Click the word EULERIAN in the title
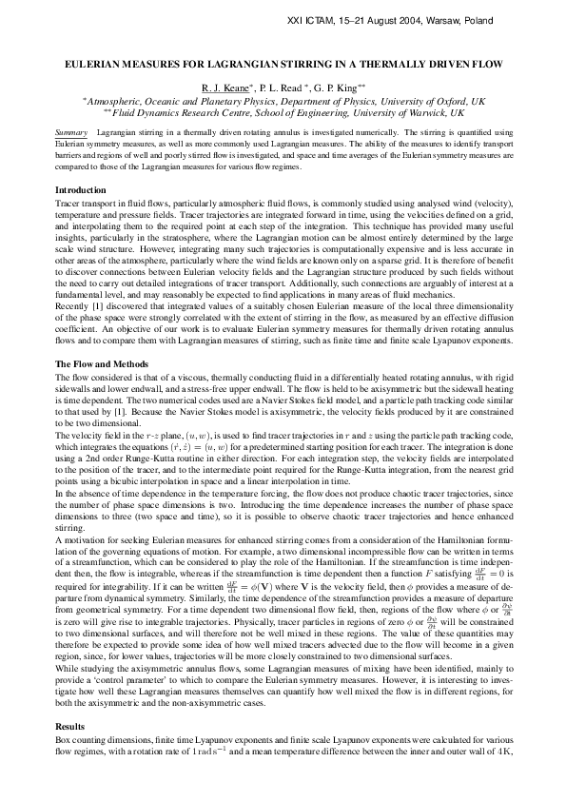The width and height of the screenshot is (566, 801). (x=96, y=64)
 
